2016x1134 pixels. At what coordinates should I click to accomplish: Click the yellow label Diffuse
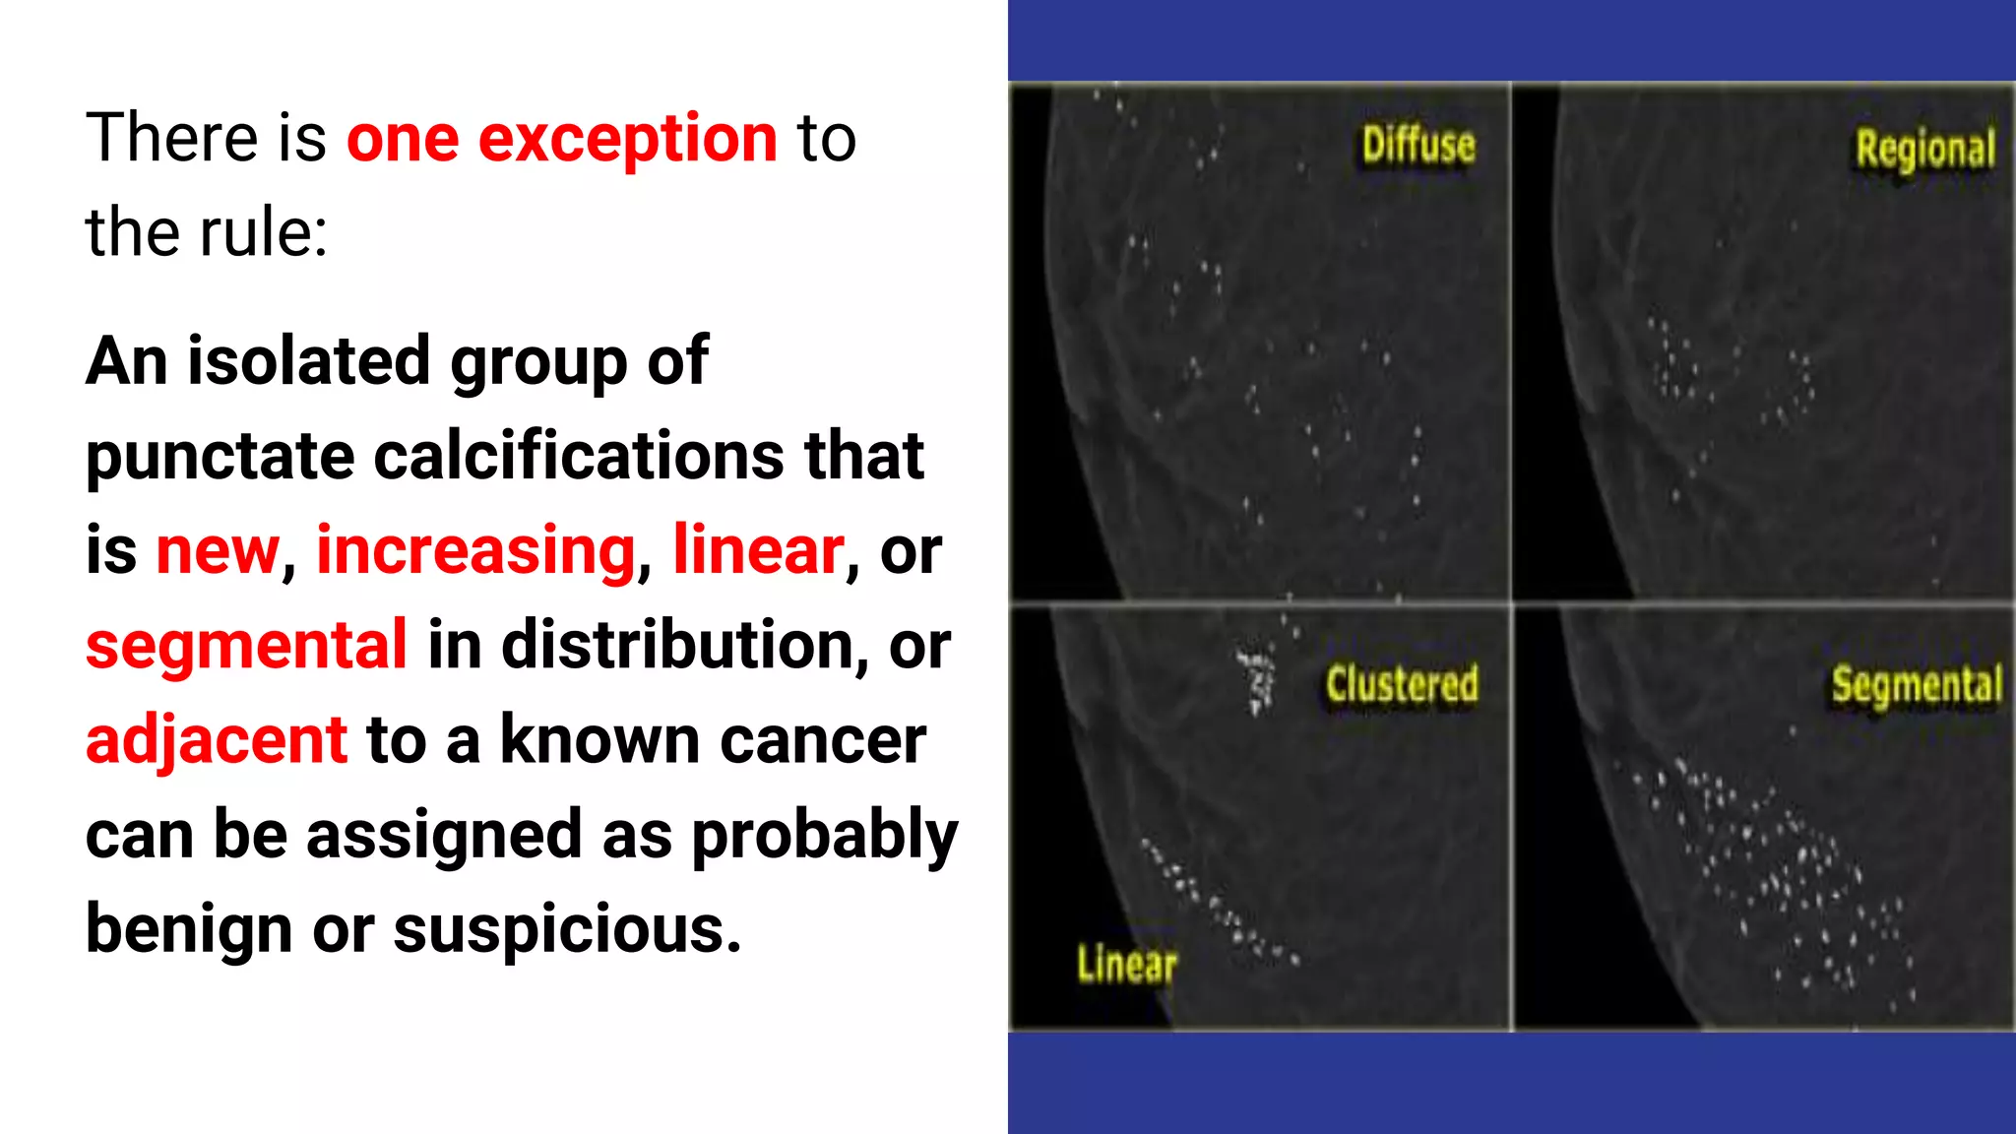1417,146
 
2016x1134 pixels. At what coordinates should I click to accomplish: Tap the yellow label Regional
1924,150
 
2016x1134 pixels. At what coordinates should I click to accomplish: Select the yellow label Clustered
1401,684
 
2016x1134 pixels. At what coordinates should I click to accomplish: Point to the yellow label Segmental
1916,685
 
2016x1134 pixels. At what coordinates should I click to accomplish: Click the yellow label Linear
1126,965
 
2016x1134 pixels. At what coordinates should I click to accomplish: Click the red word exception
628,138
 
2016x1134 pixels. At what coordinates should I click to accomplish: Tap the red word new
218,550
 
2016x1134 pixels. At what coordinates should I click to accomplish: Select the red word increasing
475,550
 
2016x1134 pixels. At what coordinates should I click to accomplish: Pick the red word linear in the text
758,550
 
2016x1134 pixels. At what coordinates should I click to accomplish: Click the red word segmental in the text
246,645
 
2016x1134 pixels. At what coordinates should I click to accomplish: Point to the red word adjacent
217,739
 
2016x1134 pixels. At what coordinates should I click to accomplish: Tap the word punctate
220,457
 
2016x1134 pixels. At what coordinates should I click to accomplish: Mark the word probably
824,835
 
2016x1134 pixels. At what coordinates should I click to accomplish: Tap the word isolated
308,361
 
